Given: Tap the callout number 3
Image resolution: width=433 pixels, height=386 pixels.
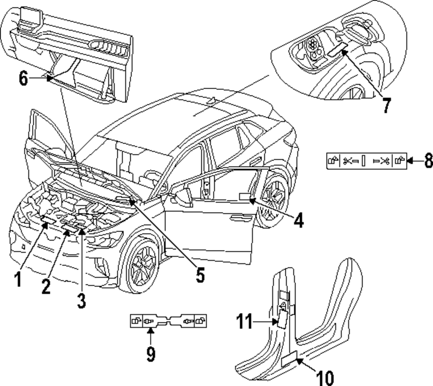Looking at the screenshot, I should [81, 300].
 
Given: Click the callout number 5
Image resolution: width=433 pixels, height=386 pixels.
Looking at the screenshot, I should [200, 275].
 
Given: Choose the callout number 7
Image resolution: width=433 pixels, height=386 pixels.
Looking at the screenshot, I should [385, 105].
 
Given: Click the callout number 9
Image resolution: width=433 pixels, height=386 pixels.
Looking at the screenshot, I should [150, 354].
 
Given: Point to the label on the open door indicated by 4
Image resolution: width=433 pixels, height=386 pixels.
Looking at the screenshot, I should [245, 196].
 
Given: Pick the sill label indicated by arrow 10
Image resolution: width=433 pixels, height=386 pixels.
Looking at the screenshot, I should [289, 360].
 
